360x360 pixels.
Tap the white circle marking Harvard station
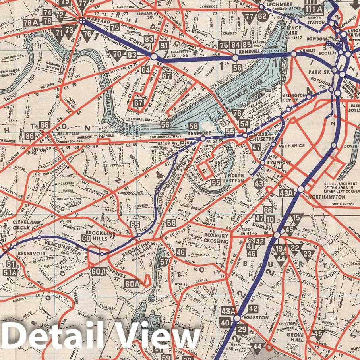(x=82, y=21)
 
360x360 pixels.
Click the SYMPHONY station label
(x=277, y=163)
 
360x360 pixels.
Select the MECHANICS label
(x=291, y=145)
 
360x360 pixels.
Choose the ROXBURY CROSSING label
(x=216, y=238)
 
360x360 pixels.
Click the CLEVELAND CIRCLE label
(x=27, y=225)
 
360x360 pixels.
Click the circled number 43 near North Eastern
(x=259, y=184)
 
